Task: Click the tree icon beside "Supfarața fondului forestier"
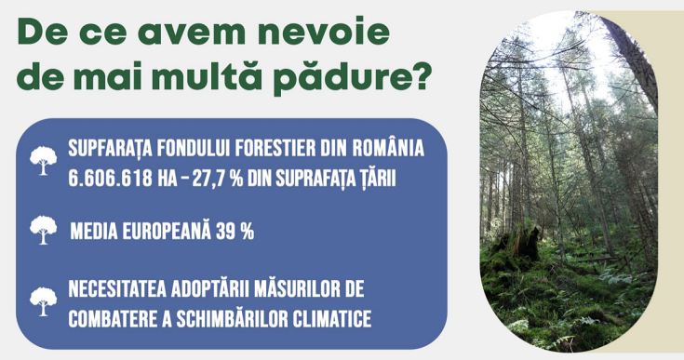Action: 43,161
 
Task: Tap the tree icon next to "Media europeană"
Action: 43,230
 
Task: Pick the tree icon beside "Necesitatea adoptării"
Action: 43,300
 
